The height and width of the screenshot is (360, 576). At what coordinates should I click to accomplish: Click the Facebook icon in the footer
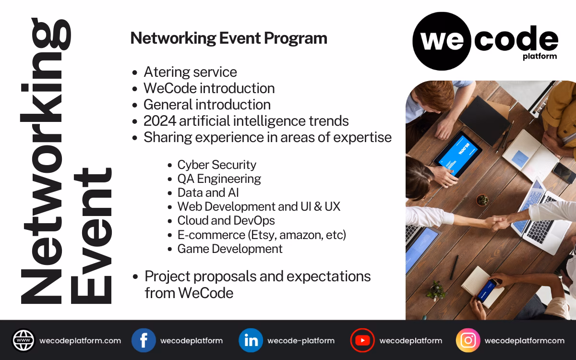[x=144, y=340]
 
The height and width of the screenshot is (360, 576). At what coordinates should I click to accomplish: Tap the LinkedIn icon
[x=251, y=340]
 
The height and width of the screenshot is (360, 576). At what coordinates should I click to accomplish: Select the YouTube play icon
[x=362, y=340]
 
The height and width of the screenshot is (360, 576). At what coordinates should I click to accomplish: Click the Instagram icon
[x=468, y=340]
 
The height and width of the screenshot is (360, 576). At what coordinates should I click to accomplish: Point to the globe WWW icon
[x=24, y=340]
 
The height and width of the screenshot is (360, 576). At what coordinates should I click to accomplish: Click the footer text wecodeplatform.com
[x=80, y=341]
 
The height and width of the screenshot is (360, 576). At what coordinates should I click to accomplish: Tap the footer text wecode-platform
[x=300, y=341]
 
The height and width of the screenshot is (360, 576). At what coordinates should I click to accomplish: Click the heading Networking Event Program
[x=228, y=38]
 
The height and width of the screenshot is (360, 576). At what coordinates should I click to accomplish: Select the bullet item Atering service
[x=190, y=72]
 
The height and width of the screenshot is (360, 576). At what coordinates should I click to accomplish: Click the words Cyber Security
[x=216, y=165]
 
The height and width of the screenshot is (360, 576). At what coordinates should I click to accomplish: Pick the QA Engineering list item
[x=219, y=179]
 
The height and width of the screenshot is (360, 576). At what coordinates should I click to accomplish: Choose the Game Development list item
[x=230, y=249]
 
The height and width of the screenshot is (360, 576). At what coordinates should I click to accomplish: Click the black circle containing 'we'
[x=441, y=41]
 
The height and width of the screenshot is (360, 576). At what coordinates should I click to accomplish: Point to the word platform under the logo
[x=540, y=57]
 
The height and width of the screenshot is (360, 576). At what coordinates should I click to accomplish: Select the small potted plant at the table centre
[x=482, y=199]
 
